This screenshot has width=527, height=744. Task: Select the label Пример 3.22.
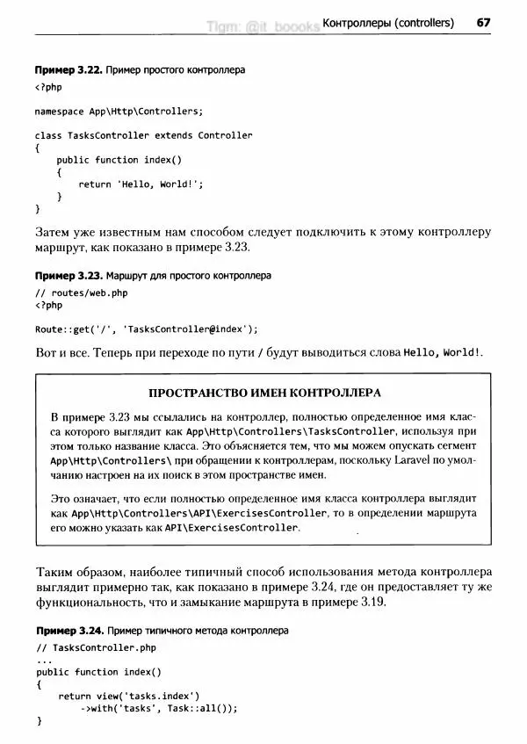click(x=68, y=69)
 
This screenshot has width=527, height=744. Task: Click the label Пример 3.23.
click(x=68, y=275)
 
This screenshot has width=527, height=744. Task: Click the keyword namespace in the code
click(x=60, y=112)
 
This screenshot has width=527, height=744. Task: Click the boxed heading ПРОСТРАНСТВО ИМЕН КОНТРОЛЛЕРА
click(x=265, y=392)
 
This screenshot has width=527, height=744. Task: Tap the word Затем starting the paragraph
click(x=52, y=232)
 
